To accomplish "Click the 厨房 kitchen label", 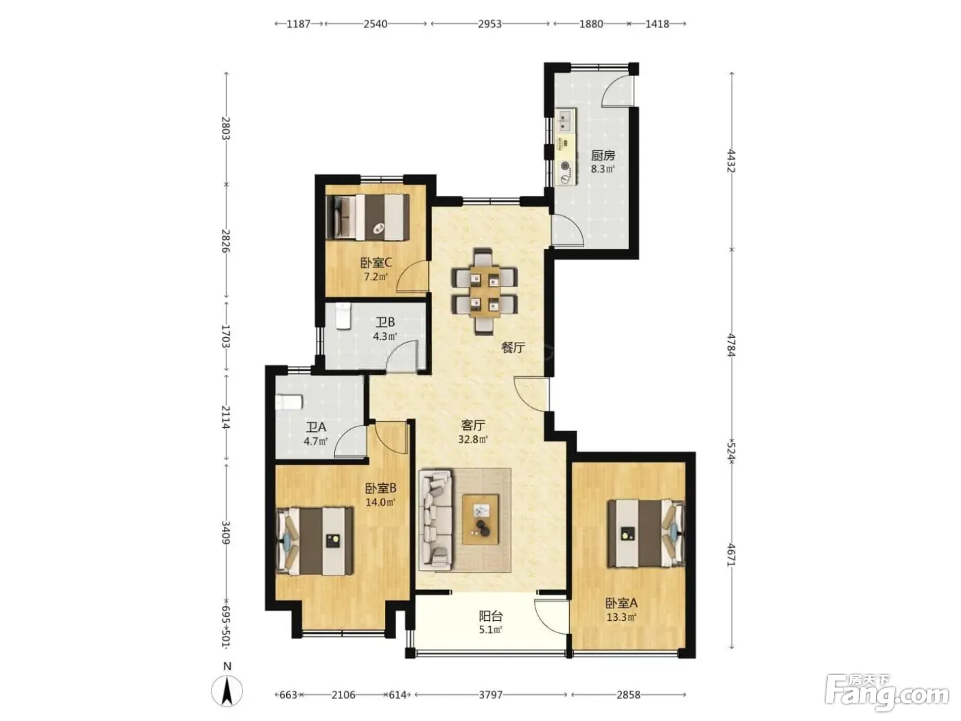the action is pos(603,155).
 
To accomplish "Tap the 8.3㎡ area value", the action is pos(603,169).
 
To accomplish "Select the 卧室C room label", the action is pos(375,263).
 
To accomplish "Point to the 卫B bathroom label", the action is pos(385,323).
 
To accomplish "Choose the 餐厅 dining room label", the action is pos(513,348).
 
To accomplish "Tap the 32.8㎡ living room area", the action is pos(473,439).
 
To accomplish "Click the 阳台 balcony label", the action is pos(490,617).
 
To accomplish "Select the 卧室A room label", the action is pos(621,604).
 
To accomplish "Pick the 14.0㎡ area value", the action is pos(380,502).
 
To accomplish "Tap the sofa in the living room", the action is pos(436,520).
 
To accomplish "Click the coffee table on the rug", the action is pos(480,520).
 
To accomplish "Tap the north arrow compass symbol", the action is pos(227,691).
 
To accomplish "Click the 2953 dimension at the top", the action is pos(489,24).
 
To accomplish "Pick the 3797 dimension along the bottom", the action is pos(490,695).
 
